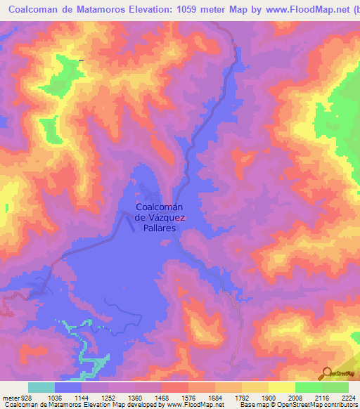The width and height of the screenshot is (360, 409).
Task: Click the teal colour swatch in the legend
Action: (x=41, y=387)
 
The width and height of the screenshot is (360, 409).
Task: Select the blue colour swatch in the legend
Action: (x=68, y=387)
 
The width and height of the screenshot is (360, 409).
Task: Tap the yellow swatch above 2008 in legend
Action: (x=282, y=387)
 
